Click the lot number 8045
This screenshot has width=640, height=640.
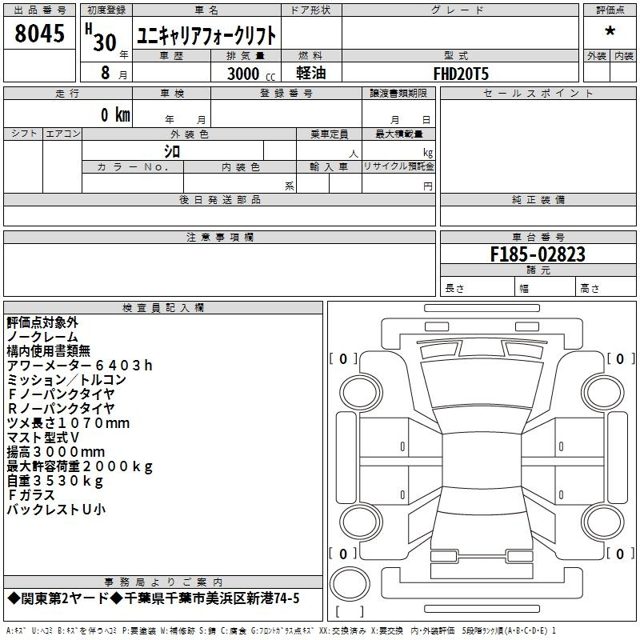[39, 33]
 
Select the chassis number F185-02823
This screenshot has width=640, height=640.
[538, 254]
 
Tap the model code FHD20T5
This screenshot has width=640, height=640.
[461, 74]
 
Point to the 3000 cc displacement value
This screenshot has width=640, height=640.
[251, 74]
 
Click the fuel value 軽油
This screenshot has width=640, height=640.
[311, 73]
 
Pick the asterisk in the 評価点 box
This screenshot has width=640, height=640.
[610, 31]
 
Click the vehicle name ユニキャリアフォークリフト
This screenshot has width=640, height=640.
[206, 35]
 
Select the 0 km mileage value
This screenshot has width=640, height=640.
[115, 114]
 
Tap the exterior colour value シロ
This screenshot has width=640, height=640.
[172, 151]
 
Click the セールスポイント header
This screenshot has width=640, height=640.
[538, 94]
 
